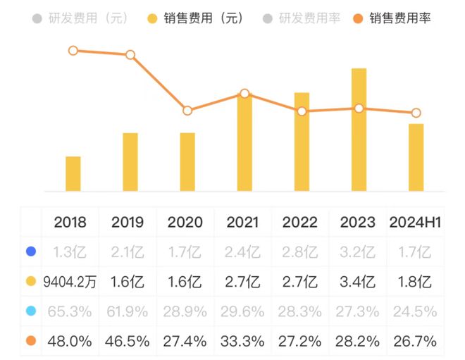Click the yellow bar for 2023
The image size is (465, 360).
pyautogui.click(x=359, y=130)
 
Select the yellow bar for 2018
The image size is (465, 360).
pyautogui.click(x=73, y=174)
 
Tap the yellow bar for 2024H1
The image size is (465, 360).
pyautogui.click(x=416, y=158)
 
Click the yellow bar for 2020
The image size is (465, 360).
pyautogui.click(x=187, y=162)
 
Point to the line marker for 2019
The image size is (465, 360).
pyautogui.click(x=130, y=55)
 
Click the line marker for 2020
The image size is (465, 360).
pyautogui.click(x=187, y=111)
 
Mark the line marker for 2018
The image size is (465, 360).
pyautogui.click(x=73, y=51)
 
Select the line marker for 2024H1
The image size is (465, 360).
pyautogui.click(x=416, y=113)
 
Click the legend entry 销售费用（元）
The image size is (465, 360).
pyautogui.click(x=195, y=18)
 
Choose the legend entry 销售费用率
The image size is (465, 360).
pyautogui.click(x=392, y=18)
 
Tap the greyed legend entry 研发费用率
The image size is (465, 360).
pyautogui.click(x=302, y=18)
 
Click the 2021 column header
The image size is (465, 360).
pyautogui.click(x=242, y=222)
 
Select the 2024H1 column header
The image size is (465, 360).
pyautogui.click(x=415, y=222)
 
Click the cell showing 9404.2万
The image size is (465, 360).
pyautogui.click(x=70, y=282)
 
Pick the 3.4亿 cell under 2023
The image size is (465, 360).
pyautogui.click(x=358, y=282)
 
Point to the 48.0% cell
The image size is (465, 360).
pyautogui.click(x=70, y=341)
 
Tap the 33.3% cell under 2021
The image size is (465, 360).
pyautogui.click(x=242, y=341)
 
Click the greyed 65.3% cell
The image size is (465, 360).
pyautogui.click(x=70, y=311)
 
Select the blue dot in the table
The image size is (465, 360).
pyautogui.click(x=31, y=252)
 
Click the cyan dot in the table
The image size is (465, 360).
pyautogui.click(x=31, y=311)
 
